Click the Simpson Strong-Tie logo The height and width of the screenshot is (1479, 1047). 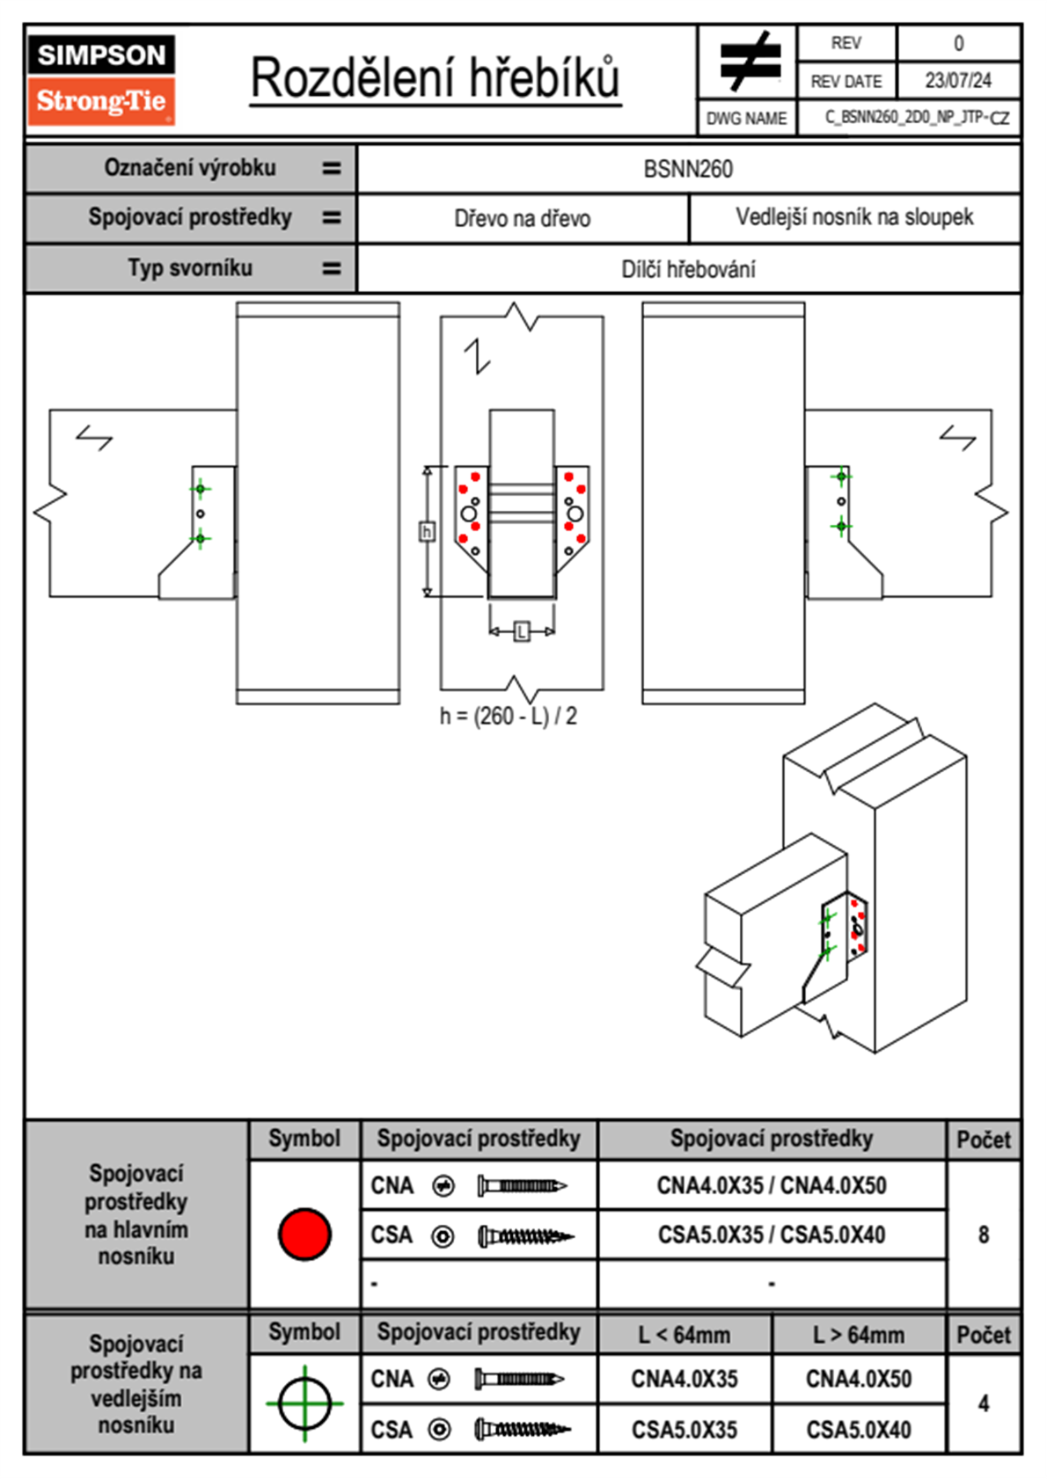(x=101, y=79)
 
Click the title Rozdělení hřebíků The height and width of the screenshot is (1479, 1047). (x=436, y=77)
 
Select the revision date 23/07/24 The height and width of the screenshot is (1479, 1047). (x=957, y=81)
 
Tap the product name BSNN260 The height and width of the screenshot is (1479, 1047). (x=688, y=169)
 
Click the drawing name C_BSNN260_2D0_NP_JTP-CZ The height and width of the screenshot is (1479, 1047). (x=917, y=118)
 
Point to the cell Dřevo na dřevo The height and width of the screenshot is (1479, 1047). (x=522, y=218)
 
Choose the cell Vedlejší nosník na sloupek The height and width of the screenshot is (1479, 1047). (x=854, y=217)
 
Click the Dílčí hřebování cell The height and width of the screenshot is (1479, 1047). (x=688, y=269)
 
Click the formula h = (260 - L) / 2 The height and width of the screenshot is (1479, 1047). (x=509, y=716)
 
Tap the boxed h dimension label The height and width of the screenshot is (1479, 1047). (x=427, y=531)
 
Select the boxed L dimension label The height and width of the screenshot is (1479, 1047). (x=522, y=631)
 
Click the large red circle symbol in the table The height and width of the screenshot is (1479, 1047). (x=304, y=1234)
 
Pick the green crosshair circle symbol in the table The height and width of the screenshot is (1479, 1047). (x=304, y=1403)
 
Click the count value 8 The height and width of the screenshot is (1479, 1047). (x=983, y=1235)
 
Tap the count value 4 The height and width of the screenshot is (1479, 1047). (x=983, y=1403)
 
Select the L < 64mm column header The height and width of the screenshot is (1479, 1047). (x=685, y=1335)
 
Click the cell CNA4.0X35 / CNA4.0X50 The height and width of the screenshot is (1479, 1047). (x=772, y=1185)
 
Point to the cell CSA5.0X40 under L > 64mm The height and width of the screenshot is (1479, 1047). (x=859, y=1430)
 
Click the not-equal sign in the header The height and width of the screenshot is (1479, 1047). (x=749, y=62)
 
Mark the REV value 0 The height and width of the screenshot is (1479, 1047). (x=958, y=43)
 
